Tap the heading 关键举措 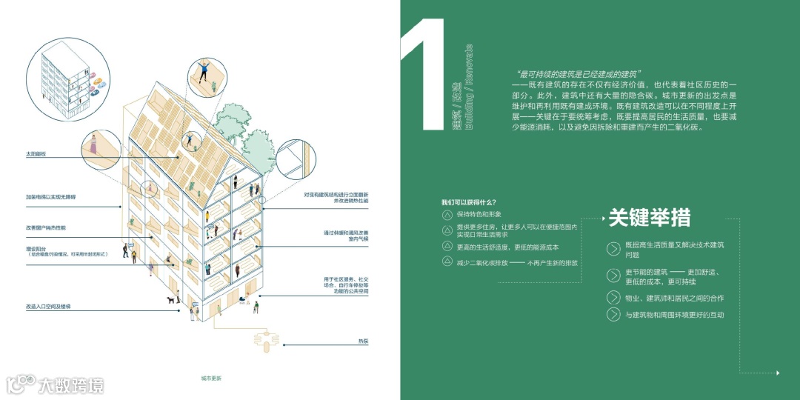click(x=649, y=218)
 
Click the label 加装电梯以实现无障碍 click(x=50, y=197)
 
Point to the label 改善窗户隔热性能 click(x=46, y=227)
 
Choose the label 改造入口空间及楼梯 click(x=50, y=305)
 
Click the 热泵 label click(x=363, y=341)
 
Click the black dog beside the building click(x=172, y=300)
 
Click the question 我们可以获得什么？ click(x=469, y=202)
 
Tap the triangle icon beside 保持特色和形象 click(x=447, y=215)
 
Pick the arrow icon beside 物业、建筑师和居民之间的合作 click(x=613, y=298)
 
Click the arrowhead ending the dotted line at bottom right click(x=777, y=372)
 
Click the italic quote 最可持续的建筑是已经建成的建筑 click(x=579, y=75)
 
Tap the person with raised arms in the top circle click(x=203, y=73)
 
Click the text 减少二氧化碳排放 click(x=481, y=262)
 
